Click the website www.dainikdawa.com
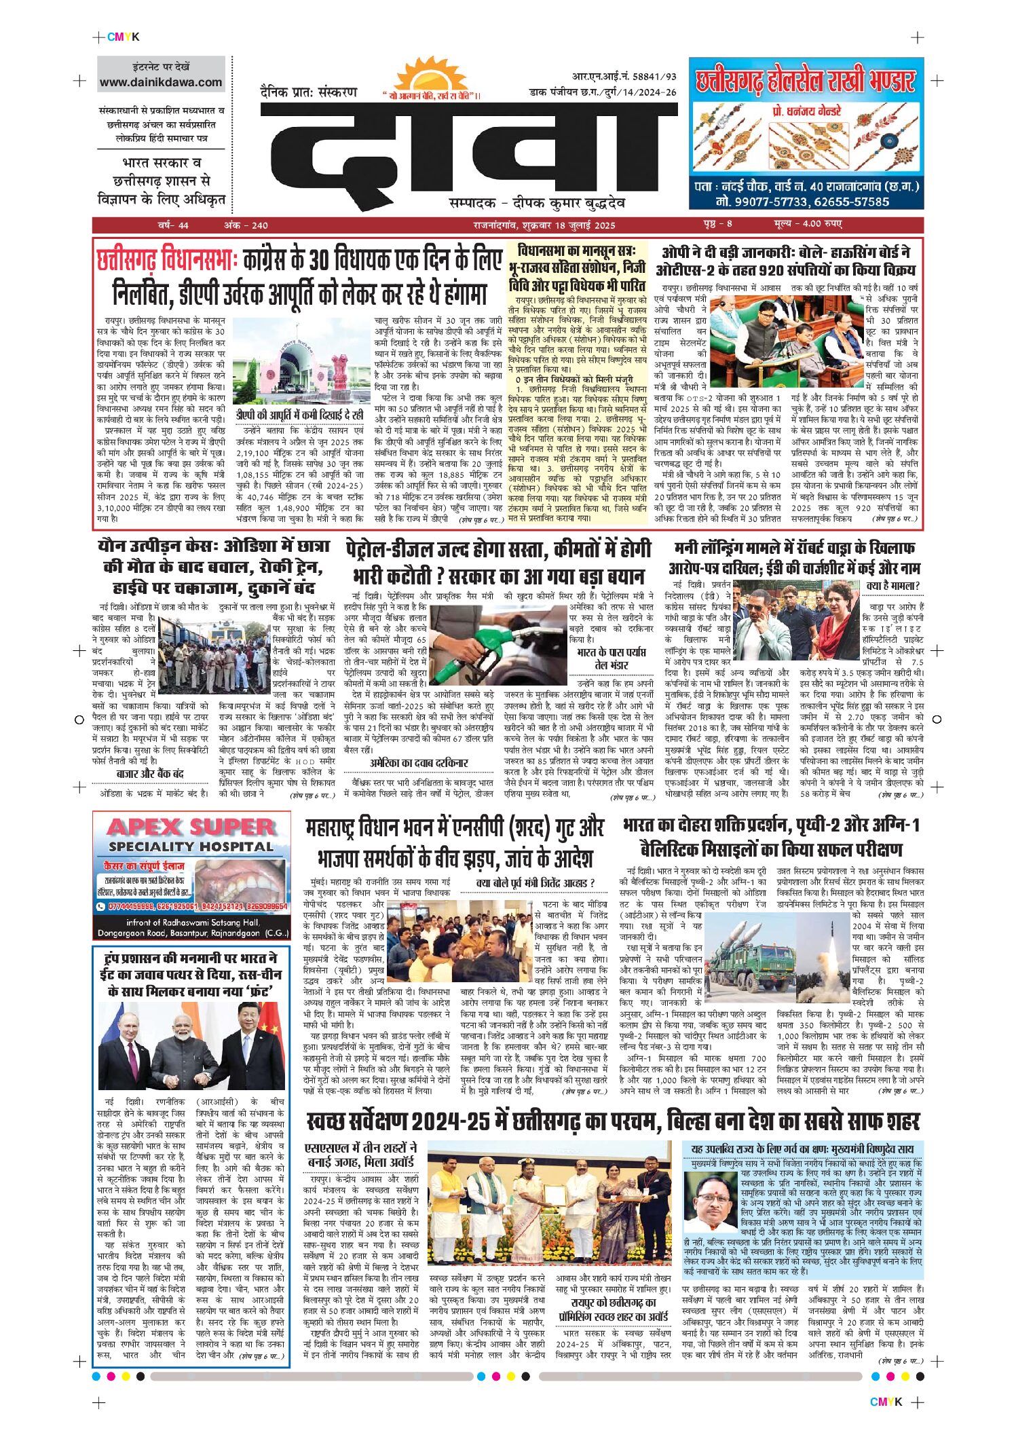(161, 83)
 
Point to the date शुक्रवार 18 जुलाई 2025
(567, 225)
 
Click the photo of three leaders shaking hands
(191, 1046)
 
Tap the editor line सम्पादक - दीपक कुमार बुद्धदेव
(537, 203)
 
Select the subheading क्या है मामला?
(892, 586)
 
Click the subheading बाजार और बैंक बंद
(150, 774)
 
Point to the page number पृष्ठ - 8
(717, 224)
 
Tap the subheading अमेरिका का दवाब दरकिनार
(419, 763)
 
